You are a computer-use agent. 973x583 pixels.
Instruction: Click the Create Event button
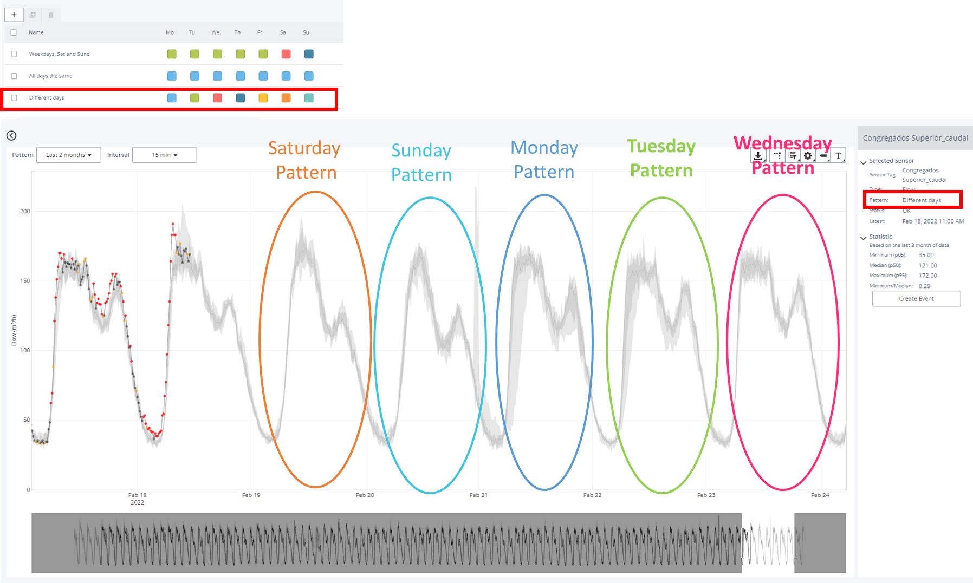(916, 299)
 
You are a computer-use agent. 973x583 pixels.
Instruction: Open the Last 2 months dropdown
(69, 155)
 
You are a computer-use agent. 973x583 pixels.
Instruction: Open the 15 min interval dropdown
(165, 155)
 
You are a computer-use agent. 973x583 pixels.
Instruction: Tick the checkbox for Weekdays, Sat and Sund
(14, 54)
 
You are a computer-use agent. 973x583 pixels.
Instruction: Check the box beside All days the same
(14, 76)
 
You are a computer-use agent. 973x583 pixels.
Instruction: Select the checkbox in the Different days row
(14, 98)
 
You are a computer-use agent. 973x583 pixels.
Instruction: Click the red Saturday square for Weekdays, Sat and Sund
(286, 54)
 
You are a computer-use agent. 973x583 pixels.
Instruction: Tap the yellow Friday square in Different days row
(263, 98)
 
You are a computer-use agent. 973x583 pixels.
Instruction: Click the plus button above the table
(14, 15)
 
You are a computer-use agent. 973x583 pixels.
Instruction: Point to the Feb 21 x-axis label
(478, 495)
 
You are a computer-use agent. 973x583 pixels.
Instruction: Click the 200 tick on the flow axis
(25, 211)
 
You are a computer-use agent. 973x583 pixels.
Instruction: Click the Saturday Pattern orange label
(305, 160)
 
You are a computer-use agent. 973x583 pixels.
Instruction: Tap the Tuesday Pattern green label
(661, 158)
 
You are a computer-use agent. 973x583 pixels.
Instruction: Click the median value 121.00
(927, 266)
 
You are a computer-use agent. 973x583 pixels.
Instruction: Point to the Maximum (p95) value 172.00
(927, 276)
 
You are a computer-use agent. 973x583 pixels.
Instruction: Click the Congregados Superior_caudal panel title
(915, 138)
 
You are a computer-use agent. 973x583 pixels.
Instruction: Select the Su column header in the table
(306, 32)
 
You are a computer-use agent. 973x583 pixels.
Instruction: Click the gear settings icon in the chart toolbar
(808, 156)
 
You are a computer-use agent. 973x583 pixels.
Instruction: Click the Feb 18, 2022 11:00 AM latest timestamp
(933, 221)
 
